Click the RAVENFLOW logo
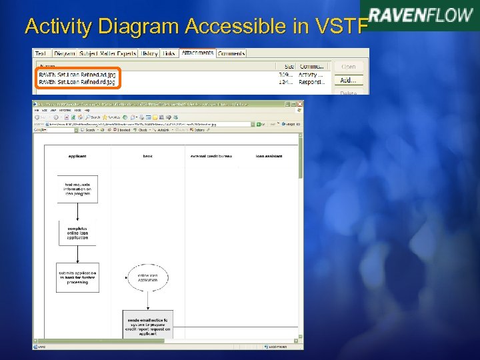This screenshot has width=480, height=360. (x=421, y=15)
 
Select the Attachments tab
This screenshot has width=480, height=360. (x=197, y=53)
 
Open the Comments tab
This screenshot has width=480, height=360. (x=231, y=53)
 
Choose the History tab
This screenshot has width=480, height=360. (x=149, y=53)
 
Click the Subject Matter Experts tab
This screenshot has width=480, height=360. (x=109, y=53)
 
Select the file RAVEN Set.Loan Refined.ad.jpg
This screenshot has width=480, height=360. (x=77, y=75)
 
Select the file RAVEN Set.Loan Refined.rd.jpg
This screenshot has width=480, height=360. (x=77, y=82)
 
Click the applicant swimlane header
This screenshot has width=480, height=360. (x=77, y=156)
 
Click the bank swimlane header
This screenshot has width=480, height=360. (x=147, y=156)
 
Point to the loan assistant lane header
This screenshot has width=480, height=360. (x=269, y=156)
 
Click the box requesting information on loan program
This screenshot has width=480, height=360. (x=77, y=189)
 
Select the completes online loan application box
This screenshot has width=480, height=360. (x=77, y=233)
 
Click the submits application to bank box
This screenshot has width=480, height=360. (x=77, y=277)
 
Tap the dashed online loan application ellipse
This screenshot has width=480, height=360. (x=147, y=277)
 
